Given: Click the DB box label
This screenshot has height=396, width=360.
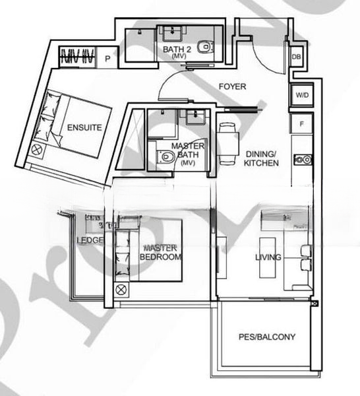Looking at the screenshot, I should pyautogui.click(x=297, y=57).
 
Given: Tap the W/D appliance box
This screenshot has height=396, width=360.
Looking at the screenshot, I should pyautogui.click(x=301, y=96).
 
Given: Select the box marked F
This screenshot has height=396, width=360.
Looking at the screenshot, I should pyautogui.click(x=301, y=123).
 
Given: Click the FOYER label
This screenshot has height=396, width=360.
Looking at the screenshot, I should pyautogui.click(x=232, y=86).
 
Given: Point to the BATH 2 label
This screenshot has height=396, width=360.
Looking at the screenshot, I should pyautogui.click(x=177, y=49).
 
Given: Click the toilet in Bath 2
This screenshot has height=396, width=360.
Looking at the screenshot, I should pyautogui.click(x=208, y=47).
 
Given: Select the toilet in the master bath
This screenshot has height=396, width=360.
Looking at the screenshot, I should pyautogui.click(x=164, y=157).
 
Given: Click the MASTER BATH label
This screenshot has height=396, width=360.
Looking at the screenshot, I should pyautogui.click(x=187, y=150).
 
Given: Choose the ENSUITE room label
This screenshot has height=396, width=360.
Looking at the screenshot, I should pyautogui.click(x=84, y=128).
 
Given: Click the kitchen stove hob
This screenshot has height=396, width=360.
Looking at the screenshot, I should pyautogui.click(x=304, y=160).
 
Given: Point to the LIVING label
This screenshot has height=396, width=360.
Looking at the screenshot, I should pyautogui.click(x=269, y=257).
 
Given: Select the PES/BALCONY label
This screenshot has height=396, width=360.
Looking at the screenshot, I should pyautogui.click(x=266, y=337).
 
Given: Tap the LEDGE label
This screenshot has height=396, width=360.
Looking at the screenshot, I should pyautogui.click(x=90, y=240).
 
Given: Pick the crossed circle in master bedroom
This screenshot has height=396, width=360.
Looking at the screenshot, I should pyautogui.click(x=121, y=289).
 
